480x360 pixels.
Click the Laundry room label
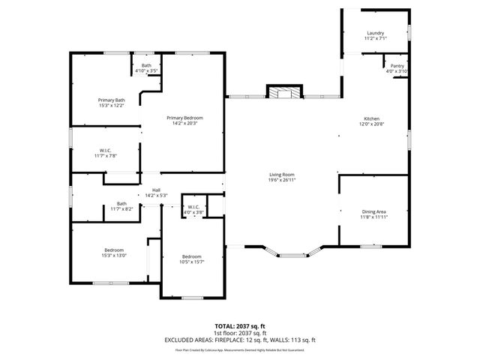tap(375, 34)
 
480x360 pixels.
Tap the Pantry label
tap(397, 66)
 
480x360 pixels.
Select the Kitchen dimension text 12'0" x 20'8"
tap(372, 124)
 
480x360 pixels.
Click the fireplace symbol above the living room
tap(284, 93)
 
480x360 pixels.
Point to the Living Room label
tap(282, 175)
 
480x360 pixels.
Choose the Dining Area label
tap(373, 211)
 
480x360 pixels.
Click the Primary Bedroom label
tap(184, 118)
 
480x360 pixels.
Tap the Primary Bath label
tap(111, 100)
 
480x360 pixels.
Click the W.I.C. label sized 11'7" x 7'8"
tap(106, 150)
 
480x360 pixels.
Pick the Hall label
tap(156, 190)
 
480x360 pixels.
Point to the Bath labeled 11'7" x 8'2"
tap(121, 203)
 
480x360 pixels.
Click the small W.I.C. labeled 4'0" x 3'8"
tap(193, 207)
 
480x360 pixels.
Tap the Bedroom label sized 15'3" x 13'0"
tap(114, 250)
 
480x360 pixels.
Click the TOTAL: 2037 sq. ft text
tap(240, 326)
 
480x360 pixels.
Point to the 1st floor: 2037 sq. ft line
tap(240, 333)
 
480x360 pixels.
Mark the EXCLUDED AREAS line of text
tap(240, 340)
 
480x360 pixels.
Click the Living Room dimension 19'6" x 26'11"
tap(282, 180)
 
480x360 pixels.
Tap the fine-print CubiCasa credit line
tap(240, 349)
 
